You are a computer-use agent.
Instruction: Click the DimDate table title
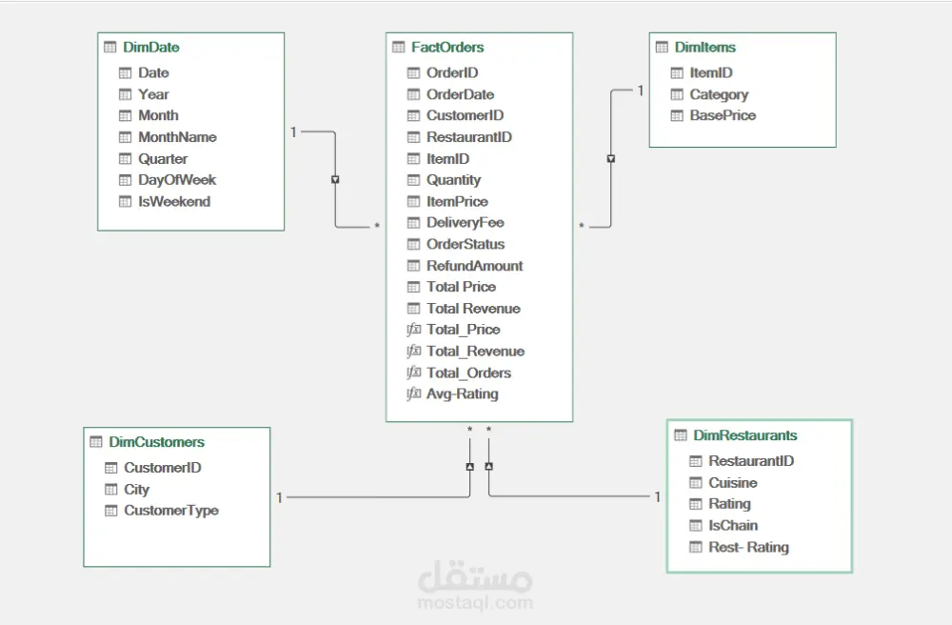pos(151,48)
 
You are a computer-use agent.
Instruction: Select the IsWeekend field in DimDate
pos(174,202)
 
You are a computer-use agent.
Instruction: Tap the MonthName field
pos(177,137)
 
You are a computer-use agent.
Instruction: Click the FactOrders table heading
pos(447,48)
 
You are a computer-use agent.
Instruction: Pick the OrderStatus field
pos(466,244)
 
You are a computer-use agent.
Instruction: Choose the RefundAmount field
pos(475,266)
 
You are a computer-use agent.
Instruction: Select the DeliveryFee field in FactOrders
pos(466,223)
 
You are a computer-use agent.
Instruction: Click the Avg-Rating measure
pos(463,394)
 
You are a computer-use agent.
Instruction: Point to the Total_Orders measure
pos(468,373)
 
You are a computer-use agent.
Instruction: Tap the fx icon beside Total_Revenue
pos(413,351)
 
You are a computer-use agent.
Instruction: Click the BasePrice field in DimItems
pos(724,115)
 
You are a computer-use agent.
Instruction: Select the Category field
pos(719,94)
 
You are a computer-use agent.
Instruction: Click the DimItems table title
pos(705,48)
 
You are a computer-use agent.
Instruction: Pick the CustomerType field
pos(171,511)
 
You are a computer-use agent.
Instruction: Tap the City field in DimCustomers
pos(136,490)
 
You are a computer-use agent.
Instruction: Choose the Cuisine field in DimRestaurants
pos(733,483)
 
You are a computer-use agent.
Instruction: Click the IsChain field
pos(733,525)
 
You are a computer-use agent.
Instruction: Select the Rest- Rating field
pos(748,547)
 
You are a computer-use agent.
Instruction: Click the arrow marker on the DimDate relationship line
pos(335,180)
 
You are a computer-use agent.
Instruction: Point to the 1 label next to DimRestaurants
pos(658,496)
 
